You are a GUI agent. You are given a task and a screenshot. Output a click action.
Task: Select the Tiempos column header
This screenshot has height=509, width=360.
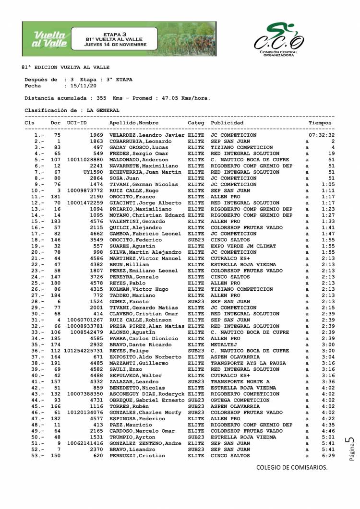[320, 123]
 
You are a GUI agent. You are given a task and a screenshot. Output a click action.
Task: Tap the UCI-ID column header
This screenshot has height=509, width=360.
[77, 123]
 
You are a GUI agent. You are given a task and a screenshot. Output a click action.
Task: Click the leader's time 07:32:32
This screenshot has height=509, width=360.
[321, 136]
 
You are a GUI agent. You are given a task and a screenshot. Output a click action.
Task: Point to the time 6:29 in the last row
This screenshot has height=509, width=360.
[328, 456]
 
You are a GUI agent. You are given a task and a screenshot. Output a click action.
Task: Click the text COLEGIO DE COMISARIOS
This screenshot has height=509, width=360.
[292, 467]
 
